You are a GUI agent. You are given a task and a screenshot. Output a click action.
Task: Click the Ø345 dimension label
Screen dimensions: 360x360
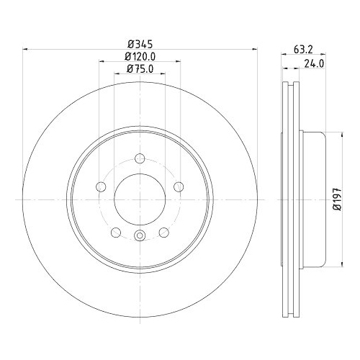[x=140, y=42]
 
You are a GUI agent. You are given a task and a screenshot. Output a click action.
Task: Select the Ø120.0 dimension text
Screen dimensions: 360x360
[x=140, y=55]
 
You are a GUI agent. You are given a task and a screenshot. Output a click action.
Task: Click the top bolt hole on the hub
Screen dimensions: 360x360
[x=140, y=158]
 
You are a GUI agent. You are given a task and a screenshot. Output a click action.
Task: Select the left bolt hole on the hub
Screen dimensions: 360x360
[x=101, y=187]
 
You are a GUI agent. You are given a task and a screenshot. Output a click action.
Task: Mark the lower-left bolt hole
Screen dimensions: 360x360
[x=116, y=233]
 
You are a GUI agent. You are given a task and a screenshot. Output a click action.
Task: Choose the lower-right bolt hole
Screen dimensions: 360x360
[x=165, y=233]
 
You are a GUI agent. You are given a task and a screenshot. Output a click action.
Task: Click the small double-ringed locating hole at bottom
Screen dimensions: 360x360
[x=140, y=239]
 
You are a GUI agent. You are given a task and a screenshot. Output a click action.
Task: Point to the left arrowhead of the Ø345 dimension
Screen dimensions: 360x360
[x=27, y=49]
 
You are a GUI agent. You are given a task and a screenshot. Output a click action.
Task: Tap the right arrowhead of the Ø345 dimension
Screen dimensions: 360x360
[x=254, y=49]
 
